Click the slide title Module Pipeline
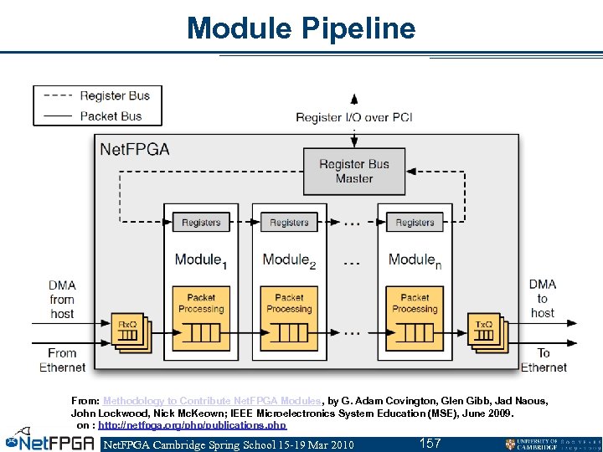[301, 28]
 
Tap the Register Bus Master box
[354, 171]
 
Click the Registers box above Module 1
[201, 223]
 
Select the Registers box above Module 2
[289, 223]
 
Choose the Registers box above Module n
[415, 223]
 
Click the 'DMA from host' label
[62, 299]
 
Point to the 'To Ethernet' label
[544, 360]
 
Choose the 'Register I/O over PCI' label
[354, 117]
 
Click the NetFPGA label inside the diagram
[135, 150]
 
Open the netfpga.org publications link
[192, 425]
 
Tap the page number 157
[430, 443]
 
